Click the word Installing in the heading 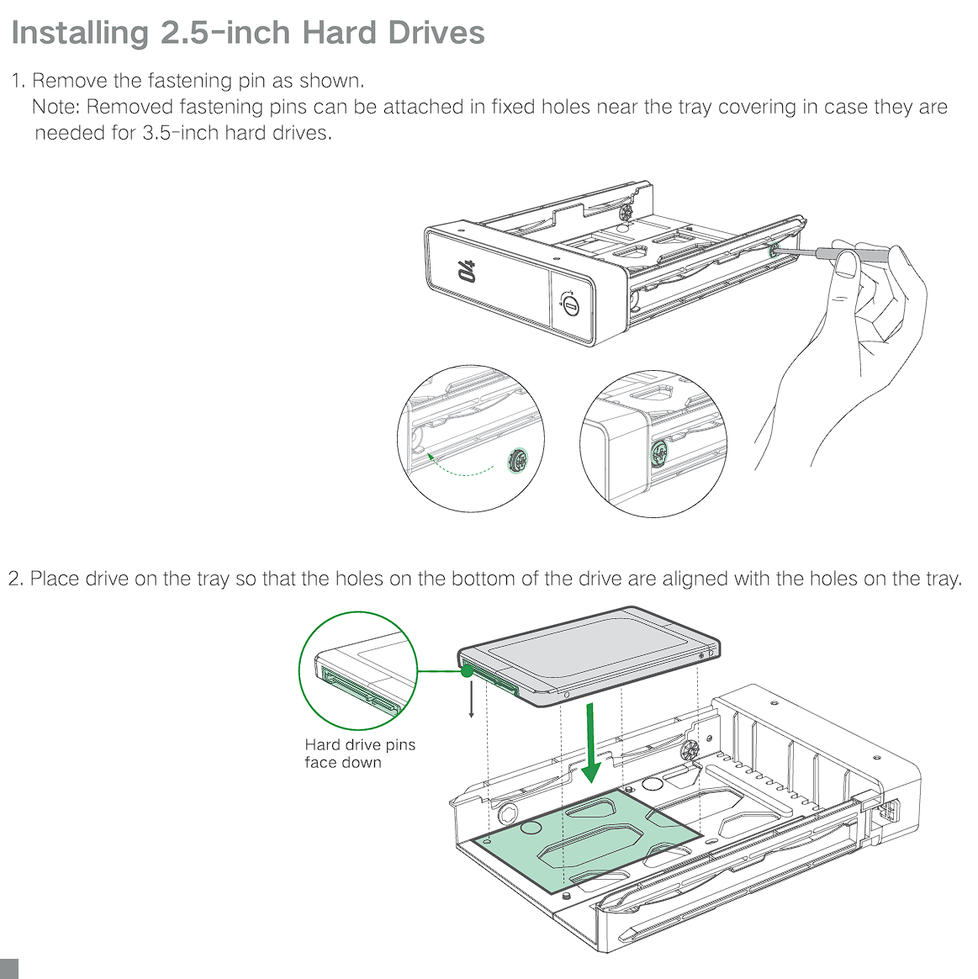pyautogui.click(x=81, y=33)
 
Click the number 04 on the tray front pyautogui.click(x=466, y=271)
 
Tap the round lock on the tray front pyautogui.click(x=570, y=305)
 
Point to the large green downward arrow pyautogui.click(x=589, y=743)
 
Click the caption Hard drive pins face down pyautogui.click(x=360, y=754)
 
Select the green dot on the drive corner pyautogui.click(x=467, y=671)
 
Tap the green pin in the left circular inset pyautogui.click(x=517, y=461)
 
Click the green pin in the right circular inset pyautogui.click(x=659, y=453)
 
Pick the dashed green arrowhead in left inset pyautogui.click(x=431, y=457)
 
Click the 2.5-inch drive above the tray pyautogui.click(x=589, y=655)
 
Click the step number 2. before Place pyautogui.click(x=16, y=579)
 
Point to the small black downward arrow pyautogui.click(x=472, y=699)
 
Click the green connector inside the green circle pyautogui.click(x=360, y=690)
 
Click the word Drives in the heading pyautogui.click(x=436, y=33)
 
